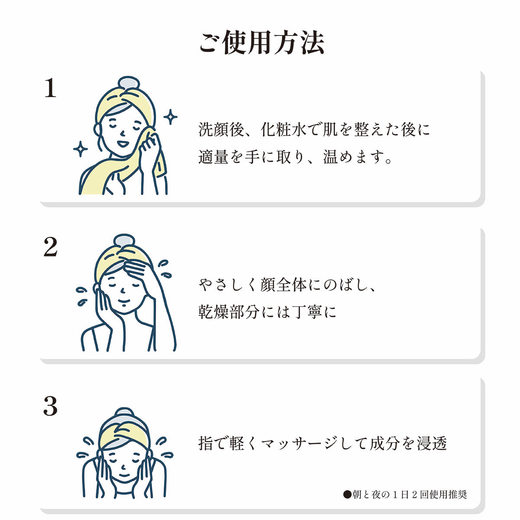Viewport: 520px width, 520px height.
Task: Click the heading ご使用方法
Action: pos(261,42)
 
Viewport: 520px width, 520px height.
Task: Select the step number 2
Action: pos(50,247)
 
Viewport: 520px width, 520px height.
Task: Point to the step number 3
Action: pos(50,406)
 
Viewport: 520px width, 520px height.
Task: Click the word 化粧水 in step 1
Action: pos(283,129)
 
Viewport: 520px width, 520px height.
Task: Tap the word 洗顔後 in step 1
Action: pos(221,129)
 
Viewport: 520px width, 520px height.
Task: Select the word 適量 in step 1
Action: pos(214,156)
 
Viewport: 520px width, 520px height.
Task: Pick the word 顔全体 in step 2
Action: pos(283,285)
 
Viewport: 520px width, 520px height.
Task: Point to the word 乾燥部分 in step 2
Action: pos(229,312)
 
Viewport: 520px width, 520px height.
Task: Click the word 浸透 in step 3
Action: pos(432,443)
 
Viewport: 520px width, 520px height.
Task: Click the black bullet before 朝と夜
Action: pos(347,494)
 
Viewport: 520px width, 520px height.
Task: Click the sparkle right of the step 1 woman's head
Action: pos(171,117)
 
